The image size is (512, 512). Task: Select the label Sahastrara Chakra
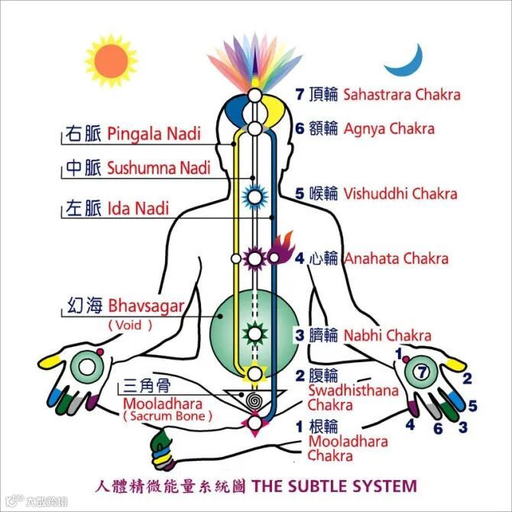(x=402, y=95)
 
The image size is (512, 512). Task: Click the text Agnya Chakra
(x=389, y=128)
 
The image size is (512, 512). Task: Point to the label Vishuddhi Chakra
(x=400, y=193)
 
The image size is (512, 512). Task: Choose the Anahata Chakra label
(x=396, y=258)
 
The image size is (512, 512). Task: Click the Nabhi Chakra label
(x=387, y=335)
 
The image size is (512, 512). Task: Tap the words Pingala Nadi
(x=154, y=134)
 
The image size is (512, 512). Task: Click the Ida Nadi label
(x=138, y=207)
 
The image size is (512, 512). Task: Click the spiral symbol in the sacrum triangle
(x=253, y=399)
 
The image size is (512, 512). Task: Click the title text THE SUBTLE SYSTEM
(x=335, y=486)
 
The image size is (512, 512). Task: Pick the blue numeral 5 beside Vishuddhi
(x=300, y=193)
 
